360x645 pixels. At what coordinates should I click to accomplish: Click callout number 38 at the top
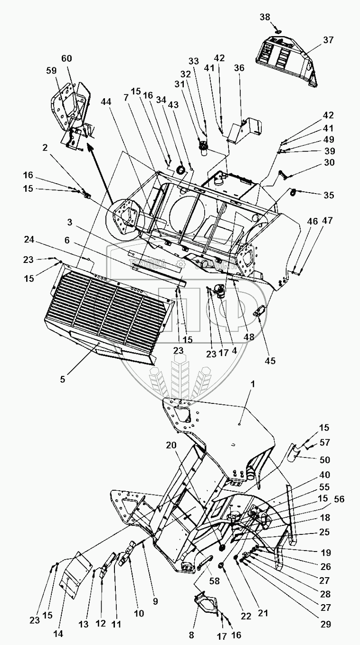tap(265, 17)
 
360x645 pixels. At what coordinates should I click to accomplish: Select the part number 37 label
tap(329, 40)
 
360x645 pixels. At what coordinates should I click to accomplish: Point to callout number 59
tap(50, 69)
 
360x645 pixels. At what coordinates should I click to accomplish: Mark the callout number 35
tap(328, 195)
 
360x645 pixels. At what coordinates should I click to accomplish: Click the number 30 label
tap(328, 163)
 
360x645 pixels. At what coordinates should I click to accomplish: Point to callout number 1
tap(253, 385)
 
